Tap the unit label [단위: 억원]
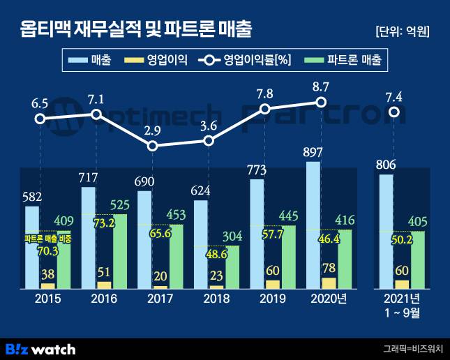[x=401, y=31]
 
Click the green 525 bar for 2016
[x=121, y=251]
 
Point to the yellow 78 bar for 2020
[x=328, y=283]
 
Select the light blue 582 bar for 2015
[x=32, y=248]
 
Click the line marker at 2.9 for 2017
[x=153, y=146]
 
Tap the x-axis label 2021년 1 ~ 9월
[x=401, y=306]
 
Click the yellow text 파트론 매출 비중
[x=47, y=239]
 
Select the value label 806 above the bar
[x=386, y=165]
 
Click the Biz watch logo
[x=40, y=347]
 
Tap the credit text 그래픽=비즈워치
[x=412, y=347]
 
